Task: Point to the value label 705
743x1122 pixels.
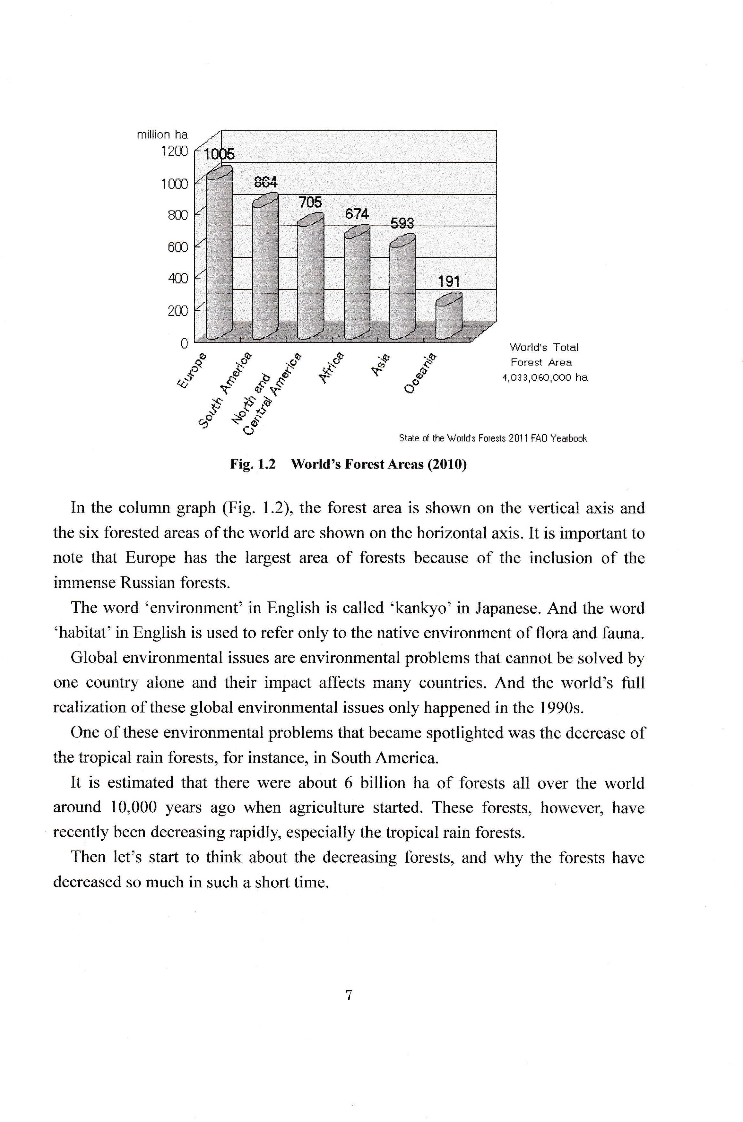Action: [310, 202]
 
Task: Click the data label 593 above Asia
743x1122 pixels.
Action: [402, 223]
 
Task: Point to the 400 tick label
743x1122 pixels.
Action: [178, 278]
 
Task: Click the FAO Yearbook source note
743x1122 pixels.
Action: [493, 438]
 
